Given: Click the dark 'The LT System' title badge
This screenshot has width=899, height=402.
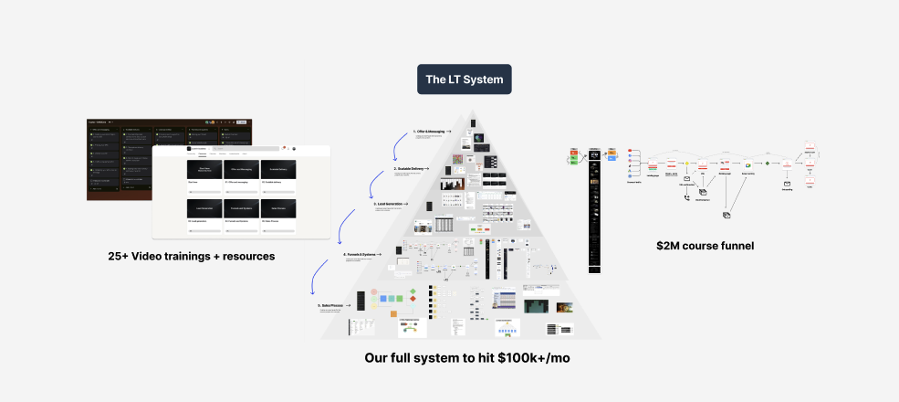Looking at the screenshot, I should click(x=464, y=79).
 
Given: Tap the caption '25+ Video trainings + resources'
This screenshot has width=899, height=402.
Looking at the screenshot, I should click(x=191, y=256).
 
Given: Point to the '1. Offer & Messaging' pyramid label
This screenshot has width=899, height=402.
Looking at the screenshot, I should click(x=429, y=132).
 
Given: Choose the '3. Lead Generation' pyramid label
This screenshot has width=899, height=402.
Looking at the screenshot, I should click(x=388, y=205).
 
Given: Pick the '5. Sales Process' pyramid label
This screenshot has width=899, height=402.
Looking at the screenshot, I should click(x=332, y=305).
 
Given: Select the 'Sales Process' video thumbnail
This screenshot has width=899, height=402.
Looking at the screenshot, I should click(x=279, y=209).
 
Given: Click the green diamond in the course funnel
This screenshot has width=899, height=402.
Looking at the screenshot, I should click(x=768, y=164).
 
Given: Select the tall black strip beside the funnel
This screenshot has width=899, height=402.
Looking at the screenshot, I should click(x=595, y=211).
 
